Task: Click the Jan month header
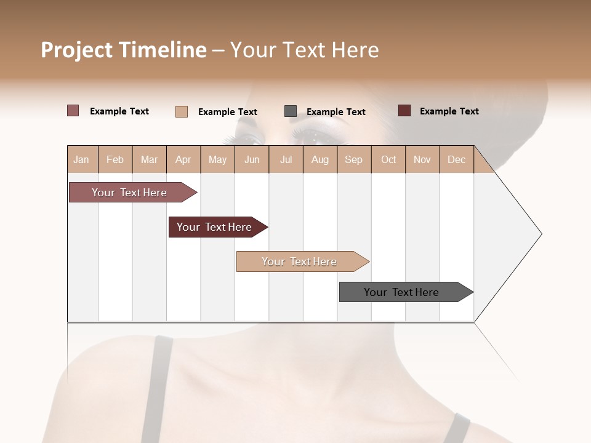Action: click(x=82, y=159)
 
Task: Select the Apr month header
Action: click(x=183, y=159)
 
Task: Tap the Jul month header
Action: click(x=286, y=159)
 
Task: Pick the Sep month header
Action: click(x=353, y=159)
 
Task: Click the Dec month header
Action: click(x=456, y=159)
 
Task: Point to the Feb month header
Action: click(x=115, y=159)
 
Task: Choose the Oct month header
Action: click(x=388, y=159)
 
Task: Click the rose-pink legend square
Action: click(x=73, y=111)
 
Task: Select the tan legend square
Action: click(x=182, y=111)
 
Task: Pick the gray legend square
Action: click(x=291, y=111)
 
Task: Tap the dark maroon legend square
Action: click(x=404, y=111)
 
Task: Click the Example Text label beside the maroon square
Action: click(x=449, y=111)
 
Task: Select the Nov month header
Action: click(x=422, y=159)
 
